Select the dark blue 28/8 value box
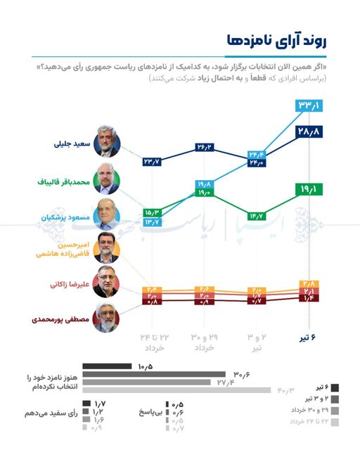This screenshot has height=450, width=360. point(309,131)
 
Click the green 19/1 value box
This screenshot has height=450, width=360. point(309,189)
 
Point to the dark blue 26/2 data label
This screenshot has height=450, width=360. point(205,148)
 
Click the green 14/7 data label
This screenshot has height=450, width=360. point(257,216)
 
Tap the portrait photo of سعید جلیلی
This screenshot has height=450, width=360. point(108,145)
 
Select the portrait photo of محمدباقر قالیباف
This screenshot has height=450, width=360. point(108,182)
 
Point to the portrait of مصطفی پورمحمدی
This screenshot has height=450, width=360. point(108,319)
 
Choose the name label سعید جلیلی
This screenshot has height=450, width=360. point(73,145)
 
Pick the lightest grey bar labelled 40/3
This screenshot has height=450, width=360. point(176,390)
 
